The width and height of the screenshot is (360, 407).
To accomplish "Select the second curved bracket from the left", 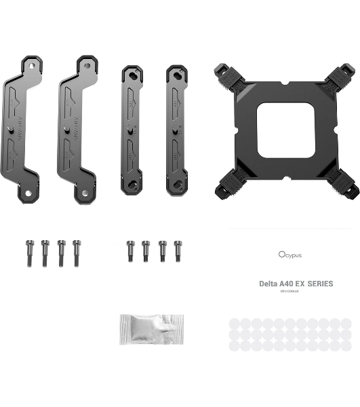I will (x=75, y=129).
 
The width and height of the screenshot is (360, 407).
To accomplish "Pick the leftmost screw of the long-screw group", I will (x=29, y=252).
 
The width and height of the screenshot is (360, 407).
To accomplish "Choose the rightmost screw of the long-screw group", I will (x=76, y=252).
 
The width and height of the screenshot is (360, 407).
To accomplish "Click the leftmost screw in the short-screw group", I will (x=130, y=250).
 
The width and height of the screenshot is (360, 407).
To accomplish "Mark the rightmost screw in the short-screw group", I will (x=178, y=250).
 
